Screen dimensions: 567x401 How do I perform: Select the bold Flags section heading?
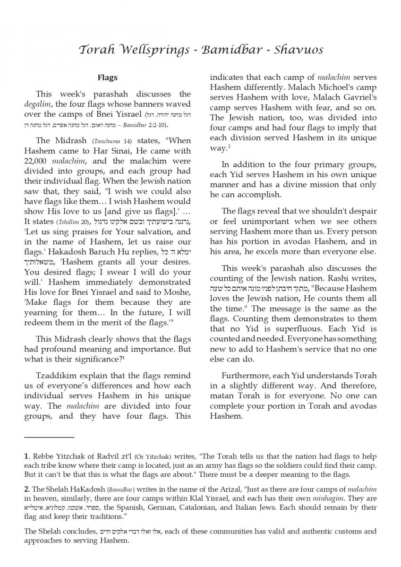click(x=108, y=77)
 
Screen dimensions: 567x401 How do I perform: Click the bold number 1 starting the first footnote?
click(x=26, y=456)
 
